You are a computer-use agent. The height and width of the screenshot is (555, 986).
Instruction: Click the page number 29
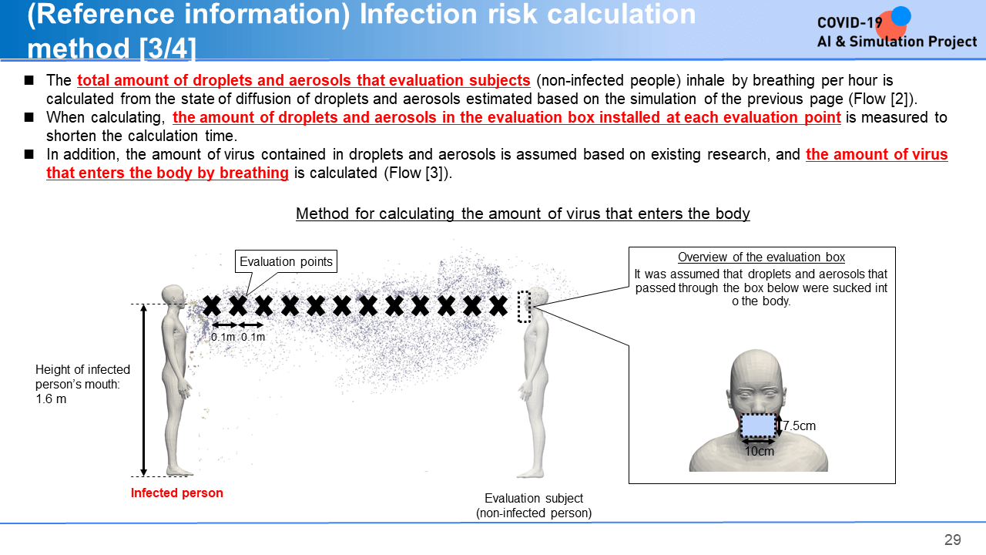[x=953, y=540]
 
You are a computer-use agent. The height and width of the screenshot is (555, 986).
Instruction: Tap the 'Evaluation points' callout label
[x=286, y=261]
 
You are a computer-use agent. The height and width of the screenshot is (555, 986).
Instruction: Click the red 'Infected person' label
[x=177, y=493]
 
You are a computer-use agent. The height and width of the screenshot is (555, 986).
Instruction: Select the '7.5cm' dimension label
[x=799, y=426]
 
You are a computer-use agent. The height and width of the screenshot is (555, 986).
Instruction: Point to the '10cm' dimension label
[x=760, y=451]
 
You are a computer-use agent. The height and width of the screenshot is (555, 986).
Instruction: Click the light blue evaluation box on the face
[x=758, y=425]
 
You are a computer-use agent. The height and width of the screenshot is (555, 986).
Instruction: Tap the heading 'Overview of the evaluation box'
[x=762, y=257]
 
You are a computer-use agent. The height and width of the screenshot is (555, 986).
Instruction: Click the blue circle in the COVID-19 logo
[x=900, y=17]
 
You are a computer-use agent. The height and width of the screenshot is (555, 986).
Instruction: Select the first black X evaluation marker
[x=212, y=306]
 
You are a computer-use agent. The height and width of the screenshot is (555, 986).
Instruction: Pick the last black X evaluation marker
[x=498, y=306]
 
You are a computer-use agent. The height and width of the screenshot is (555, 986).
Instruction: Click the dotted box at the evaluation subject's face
[x=524, y=307]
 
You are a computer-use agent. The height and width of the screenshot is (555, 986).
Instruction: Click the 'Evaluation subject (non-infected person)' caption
[x=534, y=506]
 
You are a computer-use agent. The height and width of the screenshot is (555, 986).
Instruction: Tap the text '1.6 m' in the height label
[x=51, y=399]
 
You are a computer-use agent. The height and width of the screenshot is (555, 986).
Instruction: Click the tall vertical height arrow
[x=143, y=390]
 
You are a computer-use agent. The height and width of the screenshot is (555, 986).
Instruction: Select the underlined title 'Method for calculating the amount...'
[x=522, y=214]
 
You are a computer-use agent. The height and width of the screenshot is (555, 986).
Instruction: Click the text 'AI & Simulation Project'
[x=897, y=42]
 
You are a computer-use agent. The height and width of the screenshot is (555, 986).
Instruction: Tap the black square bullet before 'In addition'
[x=29, y=154]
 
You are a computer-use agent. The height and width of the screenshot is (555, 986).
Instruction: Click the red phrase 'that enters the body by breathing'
[x=167, y=173]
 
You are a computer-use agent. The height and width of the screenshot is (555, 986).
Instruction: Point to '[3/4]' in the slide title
[x=168, y=48]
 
